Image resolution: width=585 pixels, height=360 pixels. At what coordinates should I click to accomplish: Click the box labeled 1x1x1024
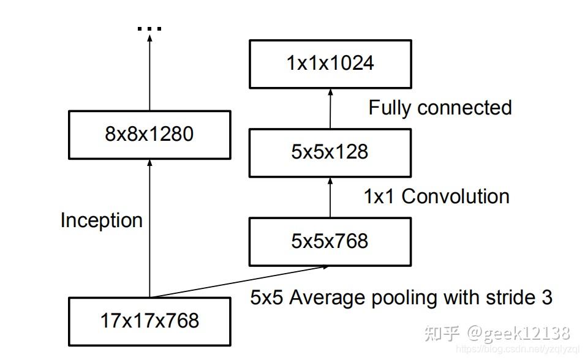[x=330, y=63]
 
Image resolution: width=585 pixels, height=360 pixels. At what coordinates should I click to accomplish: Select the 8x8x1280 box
[x=149, y=133]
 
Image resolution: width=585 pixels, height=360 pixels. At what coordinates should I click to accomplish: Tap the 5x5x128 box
[x=330, y=152]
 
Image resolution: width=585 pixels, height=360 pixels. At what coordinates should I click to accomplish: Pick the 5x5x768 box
[x=330, y=241]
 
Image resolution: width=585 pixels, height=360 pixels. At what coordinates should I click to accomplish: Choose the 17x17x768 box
[x=149, y=320]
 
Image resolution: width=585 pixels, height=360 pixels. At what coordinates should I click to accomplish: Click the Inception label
[x=101, y=220]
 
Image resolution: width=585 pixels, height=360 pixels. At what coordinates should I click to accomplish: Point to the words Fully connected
[x=440, y=108]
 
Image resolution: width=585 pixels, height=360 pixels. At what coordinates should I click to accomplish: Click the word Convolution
[x=455, y=197]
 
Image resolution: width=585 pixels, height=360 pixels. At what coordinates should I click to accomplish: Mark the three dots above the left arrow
[x=149, y=29]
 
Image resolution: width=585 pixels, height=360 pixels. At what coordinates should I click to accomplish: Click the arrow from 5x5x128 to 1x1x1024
[x=330, y=108]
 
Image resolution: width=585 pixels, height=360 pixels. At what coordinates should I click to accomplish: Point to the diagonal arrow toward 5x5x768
[x=239, y=282]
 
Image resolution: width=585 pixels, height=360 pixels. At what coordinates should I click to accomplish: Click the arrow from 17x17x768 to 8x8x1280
[x=149, y=227]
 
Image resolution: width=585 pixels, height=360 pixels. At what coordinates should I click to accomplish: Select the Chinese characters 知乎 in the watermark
[x=442, y=333]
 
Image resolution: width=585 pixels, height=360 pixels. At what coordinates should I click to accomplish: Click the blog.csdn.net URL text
[x=518, y=349]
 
